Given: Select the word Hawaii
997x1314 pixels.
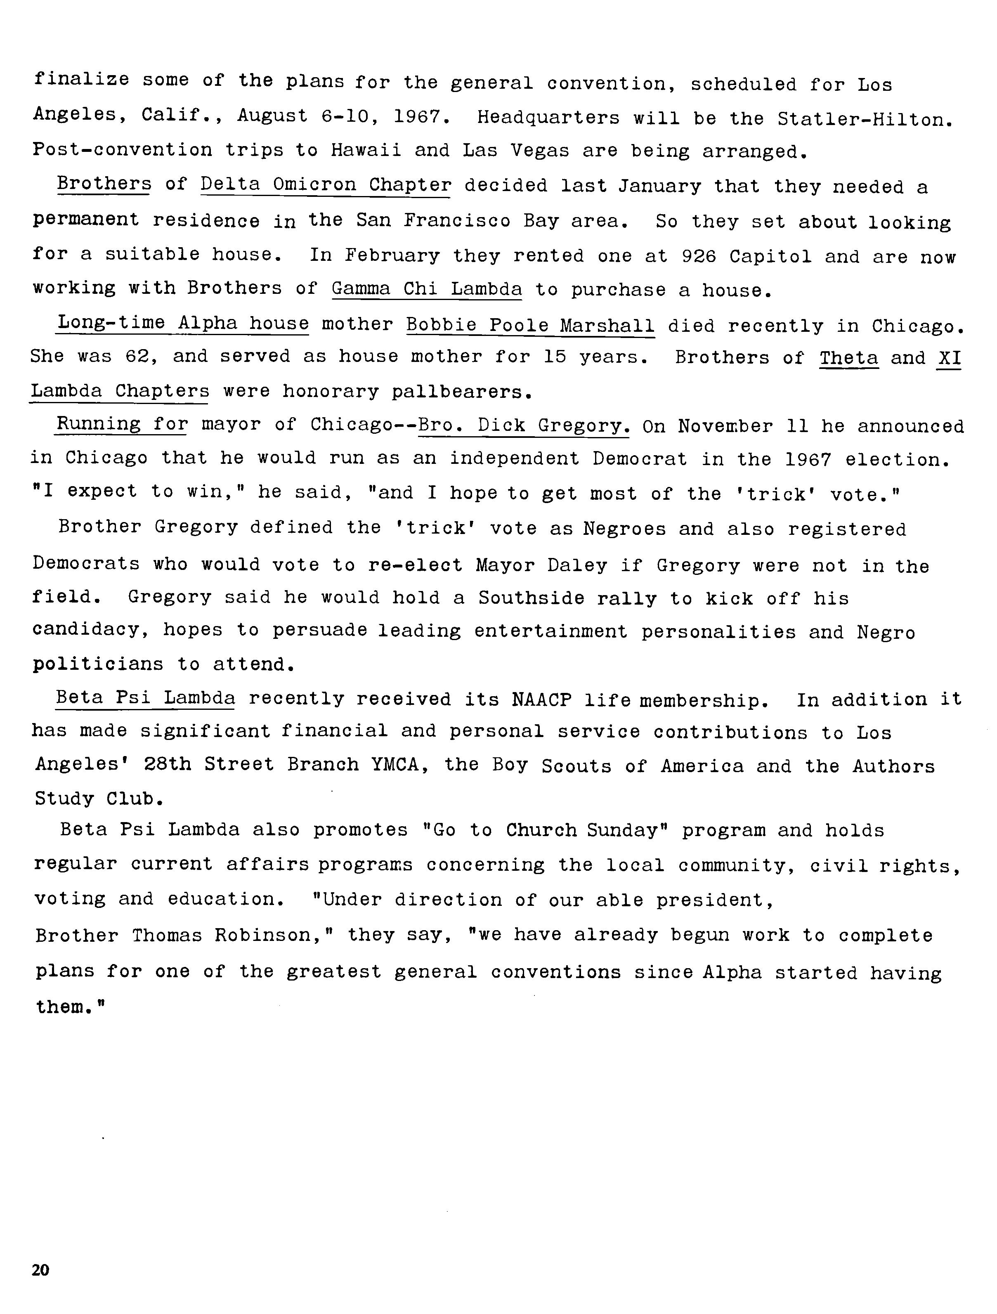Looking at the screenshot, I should [x=365, y=150].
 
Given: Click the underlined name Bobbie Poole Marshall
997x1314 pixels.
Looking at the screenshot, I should [x=531, y=326].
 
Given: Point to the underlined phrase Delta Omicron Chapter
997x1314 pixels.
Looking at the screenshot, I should [x=326, y=185].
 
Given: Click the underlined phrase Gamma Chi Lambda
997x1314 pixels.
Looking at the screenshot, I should [x=427, y=289].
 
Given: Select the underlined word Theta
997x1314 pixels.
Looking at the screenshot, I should [x=848, y=358].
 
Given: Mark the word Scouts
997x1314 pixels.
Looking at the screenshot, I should [x=576, y=766].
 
